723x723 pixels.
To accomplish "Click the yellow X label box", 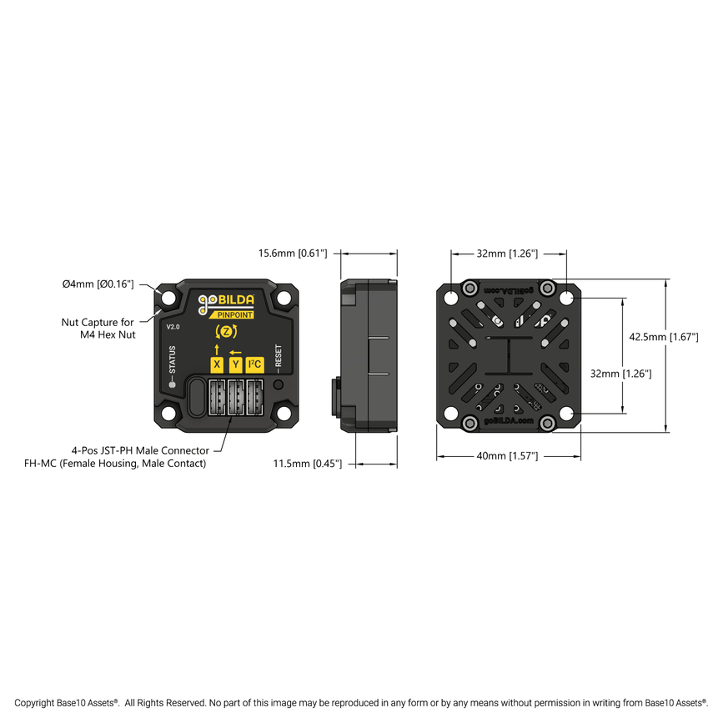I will pos(217,364).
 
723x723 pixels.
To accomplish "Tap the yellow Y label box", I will pos(235,364).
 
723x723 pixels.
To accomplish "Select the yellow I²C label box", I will pos(254,364).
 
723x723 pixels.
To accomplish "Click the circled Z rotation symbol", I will pos(226,332).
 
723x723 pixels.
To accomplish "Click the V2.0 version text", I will pos(173,327).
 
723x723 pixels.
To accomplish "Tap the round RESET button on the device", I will pos(279,385).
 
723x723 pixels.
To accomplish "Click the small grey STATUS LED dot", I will pos(172,384).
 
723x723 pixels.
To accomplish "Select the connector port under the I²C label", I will pos(254,397).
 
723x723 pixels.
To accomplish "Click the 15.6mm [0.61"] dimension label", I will pos(293,252).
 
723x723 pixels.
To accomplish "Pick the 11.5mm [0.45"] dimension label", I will pos(307,464).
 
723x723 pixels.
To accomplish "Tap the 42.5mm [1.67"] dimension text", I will pos(662,337).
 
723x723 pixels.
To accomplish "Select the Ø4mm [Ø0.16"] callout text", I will pos(98,284).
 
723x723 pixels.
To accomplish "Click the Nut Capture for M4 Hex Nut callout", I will pos(98,328).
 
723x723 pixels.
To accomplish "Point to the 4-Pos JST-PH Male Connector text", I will pos(140,450).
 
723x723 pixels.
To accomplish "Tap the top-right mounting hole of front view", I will pos(285,297).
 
